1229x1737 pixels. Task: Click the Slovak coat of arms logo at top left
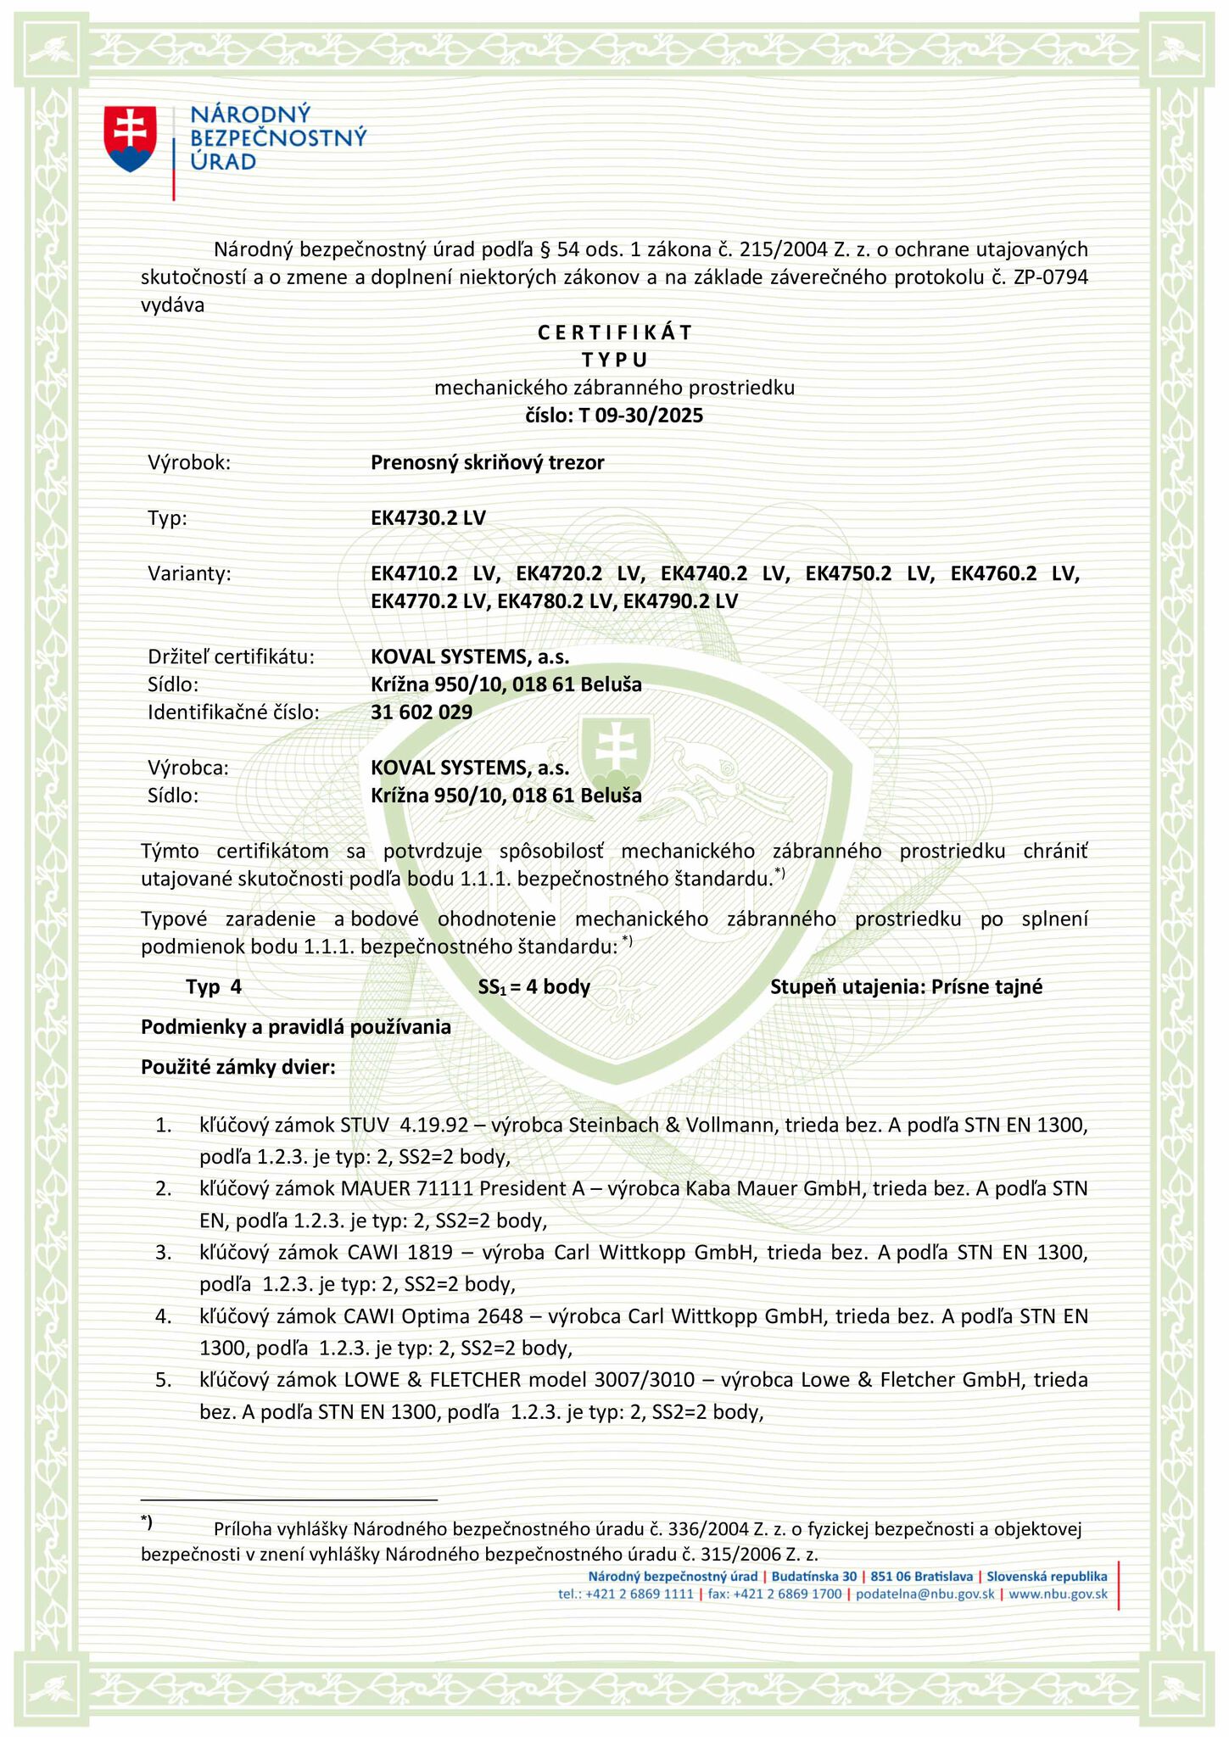[x=130, y=139]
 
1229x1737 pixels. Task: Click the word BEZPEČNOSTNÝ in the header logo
[x=279, y=137]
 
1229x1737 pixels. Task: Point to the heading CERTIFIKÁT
[x=615, y=332]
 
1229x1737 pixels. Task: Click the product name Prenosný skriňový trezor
[x=488, y=463]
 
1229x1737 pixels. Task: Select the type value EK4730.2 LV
[x=428, y=518]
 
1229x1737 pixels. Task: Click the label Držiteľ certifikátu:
[x=232, y=656]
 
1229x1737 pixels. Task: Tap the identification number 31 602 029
[x=422, y=712]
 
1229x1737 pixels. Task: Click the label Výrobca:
[x=188, y=768]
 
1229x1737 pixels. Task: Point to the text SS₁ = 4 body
[x=534, y=987]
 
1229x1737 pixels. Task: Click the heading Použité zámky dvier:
[x=238, y=1067]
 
